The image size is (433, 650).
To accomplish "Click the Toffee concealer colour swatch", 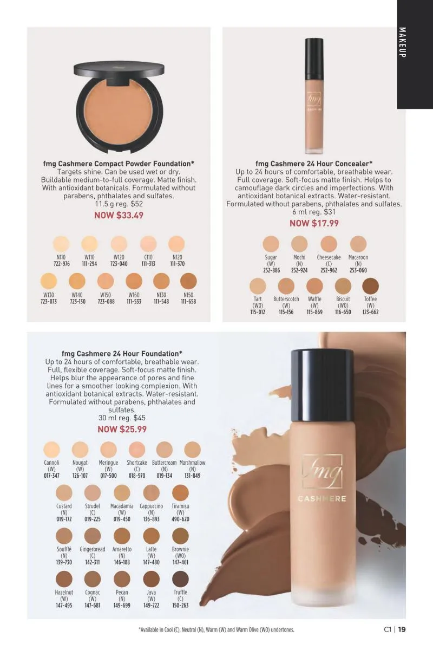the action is point(370,286).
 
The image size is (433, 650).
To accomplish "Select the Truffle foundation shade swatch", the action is point(180,579).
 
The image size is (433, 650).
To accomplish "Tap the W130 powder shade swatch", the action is point(49,281).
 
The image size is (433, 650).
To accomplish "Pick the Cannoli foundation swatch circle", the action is point(51,450).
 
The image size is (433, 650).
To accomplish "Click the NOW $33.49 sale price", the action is point(119,216).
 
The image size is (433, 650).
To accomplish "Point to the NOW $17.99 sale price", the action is point(314,223).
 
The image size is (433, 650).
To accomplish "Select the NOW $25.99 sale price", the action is point(122,429).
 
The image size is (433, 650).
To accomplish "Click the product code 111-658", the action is point(188,302).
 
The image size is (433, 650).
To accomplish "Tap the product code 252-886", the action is point(272,270).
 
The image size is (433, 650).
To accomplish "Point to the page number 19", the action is point(402,629).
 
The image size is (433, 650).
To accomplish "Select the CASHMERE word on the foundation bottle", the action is point(322,499).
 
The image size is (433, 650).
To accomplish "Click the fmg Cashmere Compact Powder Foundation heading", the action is point(119,164).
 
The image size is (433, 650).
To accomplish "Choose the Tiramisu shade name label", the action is point(180,506).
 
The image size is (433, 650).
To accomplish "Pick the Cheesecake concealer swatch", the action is point(329,244).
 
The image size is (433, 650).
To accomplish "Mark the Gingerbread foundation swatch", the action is point(93,536).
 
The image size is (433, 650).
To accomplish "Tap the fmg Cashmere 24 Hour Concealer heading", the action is point(314,164).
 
